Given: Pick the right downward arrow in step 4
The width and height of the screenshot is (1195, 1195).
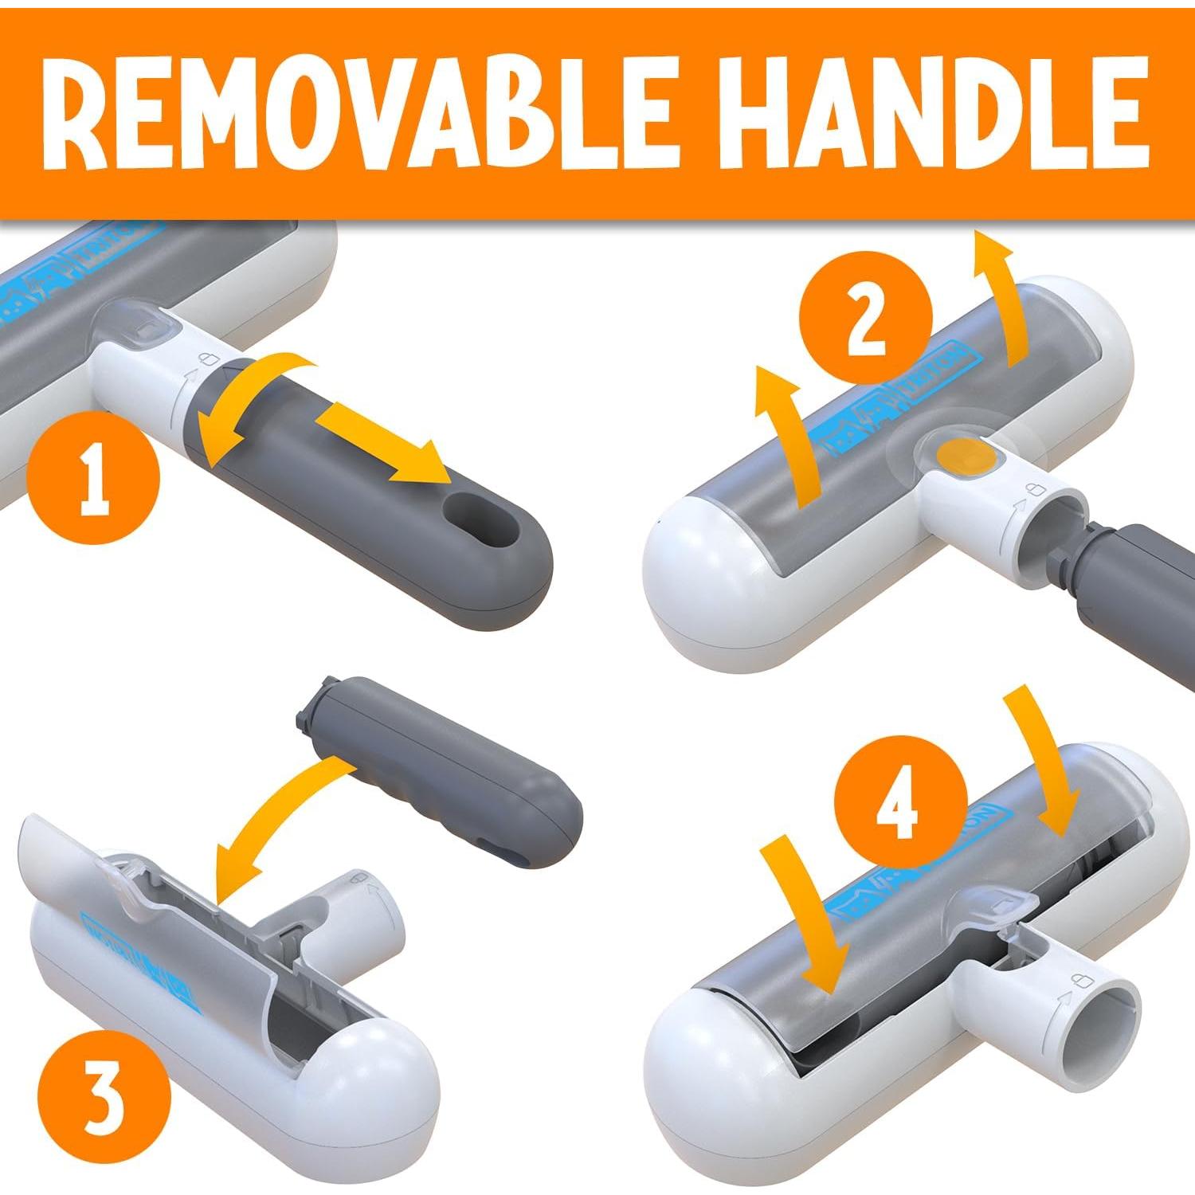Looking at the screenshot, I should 1040,765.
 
